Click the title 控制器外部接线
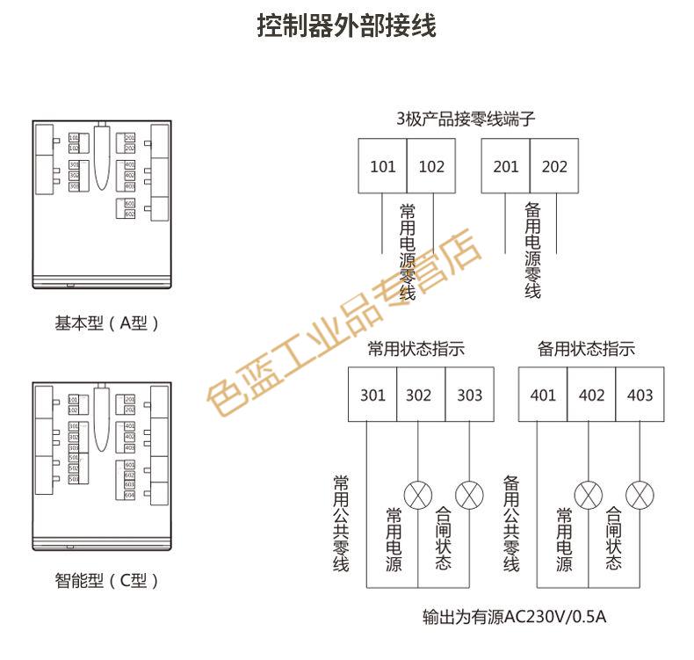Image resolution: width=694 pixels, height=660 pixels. point(346,25)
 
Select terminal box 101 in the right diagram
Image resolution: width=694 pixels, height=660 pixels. point(382,166)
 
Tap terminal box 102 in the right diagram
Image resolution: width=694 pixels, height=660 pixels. point(431,166)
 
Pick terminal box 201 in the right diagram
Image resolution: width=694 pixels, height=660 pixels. point(506,166)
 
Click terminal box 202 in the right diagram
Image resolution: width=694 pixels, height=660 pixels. point(554,166)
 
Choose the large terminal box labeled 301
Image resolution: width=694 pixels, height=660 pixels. point(372,395)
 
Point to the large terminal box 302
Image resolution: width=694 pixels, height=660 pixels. point(419,395)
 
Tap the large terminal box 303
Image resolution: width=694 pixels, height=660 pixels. point(469,395)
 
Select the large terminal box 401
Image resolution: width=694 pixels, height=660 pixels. point(543,395)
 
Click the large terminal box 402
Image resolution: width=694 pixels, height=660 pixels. point(591,395)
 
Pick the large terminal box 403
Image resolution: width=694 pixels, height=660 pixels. point(640,395)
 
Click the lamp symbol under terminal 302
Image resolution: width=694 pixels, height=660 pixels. point(416,493)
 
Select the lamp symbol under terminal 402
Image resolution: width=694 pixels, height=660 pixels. point(587,493)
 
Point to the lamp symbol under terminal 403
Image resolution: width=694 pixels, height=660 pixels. point(640,493)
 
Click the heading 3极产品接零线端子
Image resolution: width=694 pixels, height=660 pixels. point(466,119)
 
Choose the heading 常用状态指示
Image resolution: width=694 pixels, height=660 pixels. point(416,349)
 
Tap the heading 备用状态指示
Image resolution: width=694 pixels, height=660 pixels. point(586,349)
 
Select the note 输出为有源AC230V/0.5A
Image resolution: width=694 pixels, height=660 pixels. point(514,617)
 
